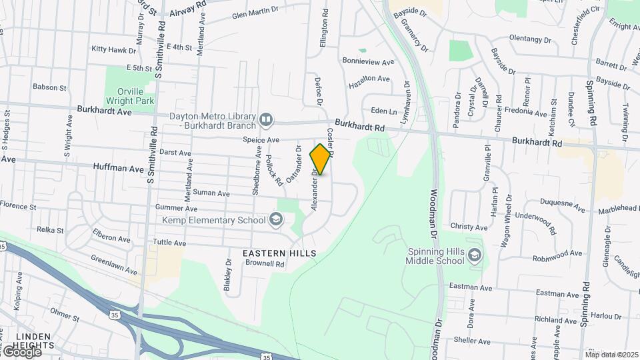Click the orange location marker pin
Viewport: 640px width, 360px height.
click(x=321, y=159)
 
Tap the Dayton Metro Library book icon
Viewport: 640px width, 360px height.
click(x=266, y=120)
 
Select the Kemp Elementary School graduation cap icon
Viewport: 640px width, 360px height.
click(x=275, y=220)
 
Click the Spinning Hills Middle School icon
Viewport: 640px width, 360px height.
click(x=474, y=255)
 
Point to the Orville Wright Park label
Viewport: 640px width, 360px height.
click(x=130, y=95)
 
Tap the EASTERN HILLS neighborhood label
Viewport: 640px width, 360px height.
click(x=279, y=253)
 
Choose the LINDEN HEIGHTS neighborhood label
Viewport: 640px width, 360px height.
click(x=27, y=341)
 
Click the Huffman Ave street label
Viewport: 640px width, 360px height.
click(x=119, y=169)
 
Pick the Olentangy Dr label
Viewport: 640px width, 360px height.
click(x=531, y=39)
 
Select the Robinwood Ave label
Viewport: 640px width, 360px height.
click(x=557, y=254)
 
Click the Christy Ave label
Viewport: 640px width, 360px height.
click(x=469, y=227)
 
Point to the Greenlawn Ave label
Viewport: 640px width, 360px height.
click(x=114, y=265)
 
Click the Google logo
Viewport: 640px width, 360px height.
click(x=21, y=352)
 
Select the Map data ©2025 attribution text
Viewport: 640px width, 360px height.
click(x=611, y=354)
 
